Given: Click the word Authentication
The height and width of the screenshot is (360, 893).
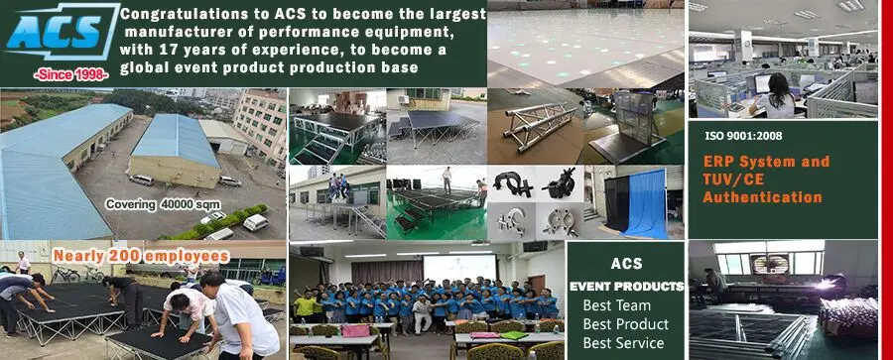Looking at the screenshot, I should [x=762, y=197].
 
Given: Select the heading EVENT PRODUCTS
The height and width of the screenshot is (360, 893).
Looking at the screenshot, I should [x=626, y=287].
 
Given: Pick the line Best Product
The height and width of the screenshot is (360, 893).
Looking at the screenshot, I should [x=625, y=324].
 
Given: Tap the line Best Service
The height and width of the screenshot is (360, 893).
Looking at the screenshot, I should [x=625, y=343].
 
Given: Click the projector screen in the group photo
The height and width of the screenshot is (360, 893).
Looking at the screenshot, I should [x=458, y=267].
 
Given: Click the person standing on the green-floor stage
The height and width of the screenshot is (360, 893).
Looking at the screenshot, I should [x=446, y=180].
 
